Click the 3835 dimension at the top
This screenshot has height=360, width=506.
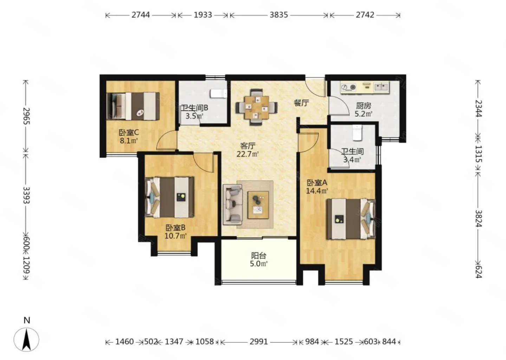pyautogui.click(x=279, y=15)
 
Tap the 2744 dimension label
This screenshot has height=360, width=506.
pyautogui.click(x=141, y=15)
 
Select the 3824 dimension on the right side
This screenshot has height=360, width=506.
pyautogui.click(x=478, y=218)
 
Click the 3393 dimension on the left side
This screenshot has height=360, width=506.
pyautogui.click(x=26, y=195)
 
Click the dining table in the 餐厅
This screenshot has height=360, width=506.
pyautogui.click(x=257, y=107)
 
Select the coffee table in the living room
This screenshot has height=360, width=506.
pyautogui.click(x=258, y=205)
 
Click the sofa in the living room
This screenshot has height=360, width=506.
pyautogui.click(x=233, y=205)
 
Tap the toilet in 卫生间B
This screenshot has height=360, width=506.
pyautogui.click(x=219, y=94)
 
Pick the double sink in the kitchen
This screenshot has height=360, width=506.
pyautogui.click(x=381, y=86)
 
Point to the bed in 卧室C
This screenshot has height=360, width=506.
pyautogui.click(x=133, y=106)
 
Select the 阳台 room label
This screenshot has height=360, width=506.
pyautogui.click(x=259, y=256)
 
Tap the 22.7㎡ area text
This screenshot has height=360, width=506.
pyautogui.click(x=248, y=154)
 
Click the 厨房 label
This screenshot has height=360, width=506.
pyautogui.click(x=363, y=105)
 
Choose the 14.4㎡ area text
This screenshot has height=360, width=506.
pyautogui.click(x=317, y=191)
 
